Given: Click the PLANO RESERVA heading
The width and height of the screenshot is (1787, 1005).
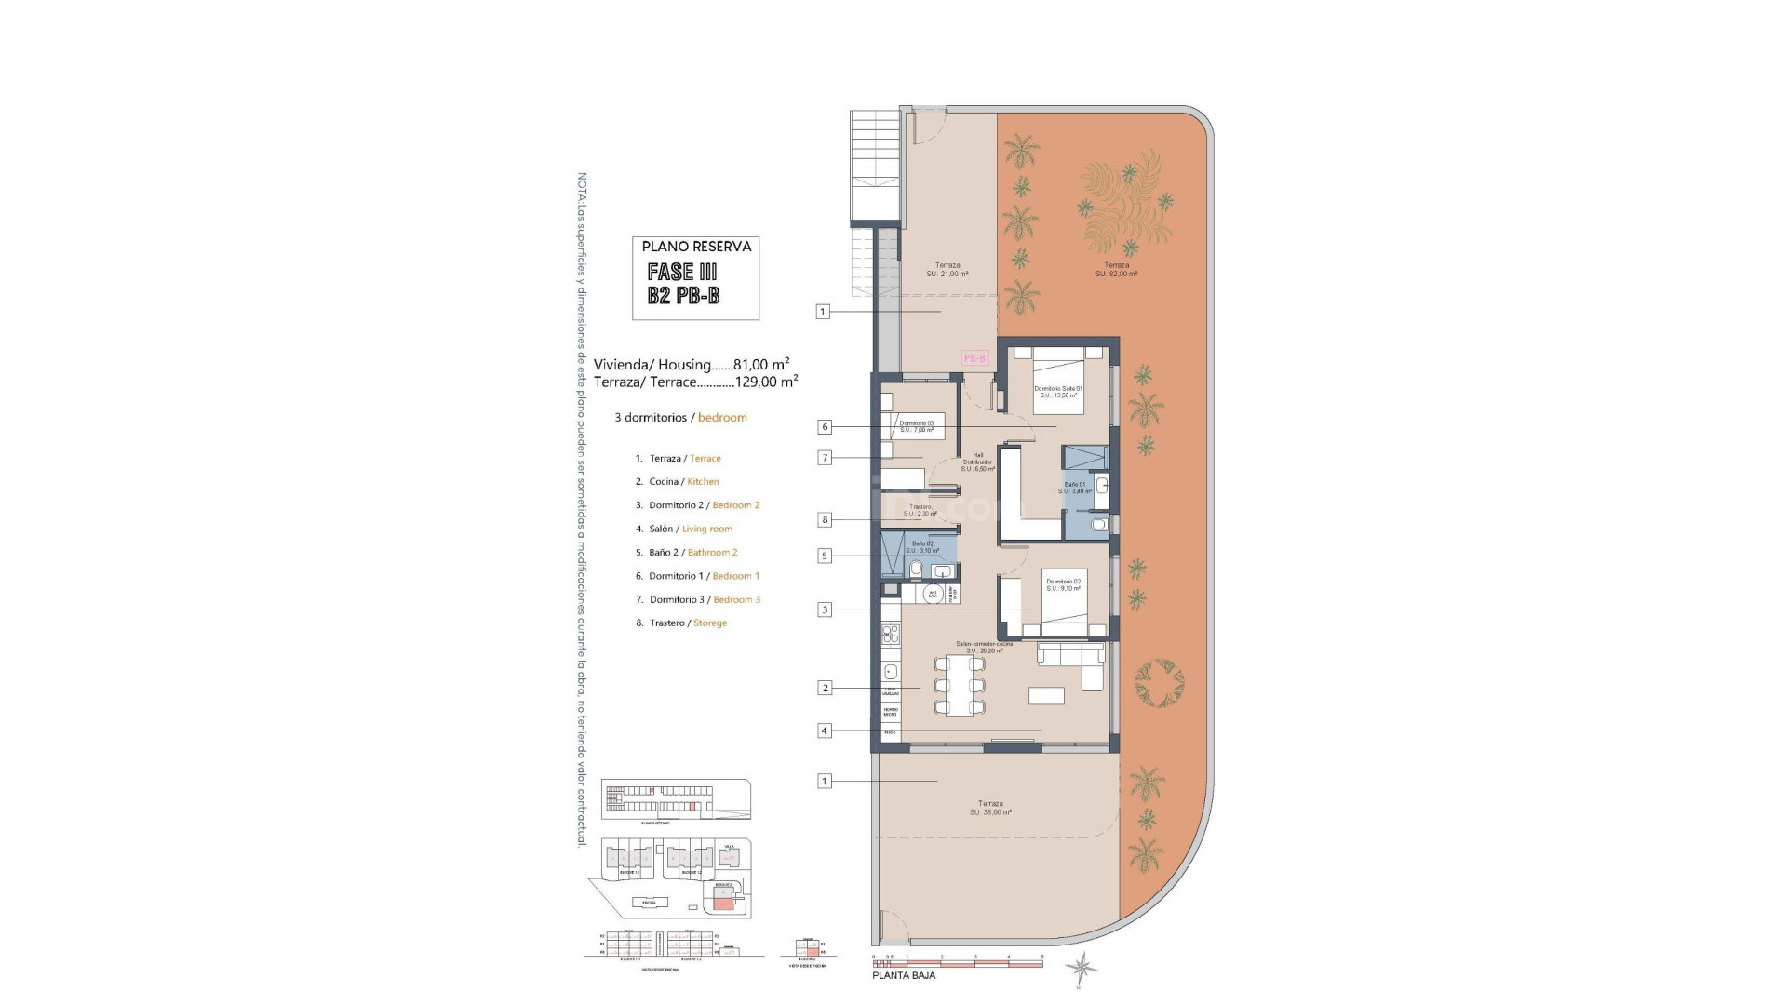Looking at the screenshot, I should pyautogui.click(x=696, y=247).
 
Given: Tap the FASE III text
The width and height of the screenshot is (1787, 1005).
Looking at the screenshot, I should pyautogui.click(x=682, y=272).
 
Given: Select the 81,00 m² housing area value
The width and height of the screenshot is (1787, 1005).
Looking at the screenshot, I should pyautogui.click(x=761, y=365).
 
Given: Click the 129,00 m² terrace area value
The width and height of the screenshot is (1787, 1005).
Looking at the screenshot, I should pyautogui.click(x=766, y=382).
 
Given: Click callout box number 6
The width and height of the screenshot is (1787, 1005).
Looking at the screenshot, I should pyautogui.click(x=825, y=427).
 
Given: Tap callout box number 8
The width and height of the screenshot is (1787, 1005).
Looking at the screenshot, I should pyautogui.click(x=825, y=520).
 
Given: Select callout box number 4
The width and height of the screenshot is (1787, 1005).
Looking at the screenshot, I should pyautogui.click(x=824, y=730).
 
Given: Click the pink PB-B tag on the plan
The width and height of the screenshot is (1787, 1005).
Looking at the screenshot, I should pyautogui.click(x=974, y=358).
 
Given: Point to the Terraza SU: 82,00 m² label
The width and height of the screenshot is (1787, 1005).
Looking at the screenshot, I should pyautogui.click(x=1116, y=270).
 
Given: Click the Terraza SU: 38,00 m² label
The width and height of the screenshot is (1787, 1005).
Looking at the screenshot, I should pyautogui.click(x=990, y=808).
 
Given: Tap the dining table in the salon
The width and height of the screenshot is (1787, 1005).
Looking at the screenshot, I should pyautogui.click(x=960, y=685).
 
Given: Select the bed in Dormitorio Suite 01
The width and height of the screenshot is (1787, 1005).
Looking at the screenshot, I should pyautogui.click(x=1058, y=380).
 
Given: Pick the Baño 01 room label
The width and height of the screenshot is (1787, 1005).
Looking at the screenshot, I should pyautogui.click(x=1077, y=488).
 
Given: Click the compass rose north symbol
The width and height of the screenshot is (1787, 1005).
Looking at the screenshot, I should pyautogui.click(x=1082, y=970).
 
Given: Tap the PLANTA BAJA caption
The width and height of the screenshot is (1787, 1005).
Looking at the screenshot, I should pyautogui.click(x=904, y=975).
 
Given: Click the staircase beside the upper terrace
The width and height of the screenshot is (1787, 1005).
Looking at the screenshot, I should pyautogui.click(x=875, y=167).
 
